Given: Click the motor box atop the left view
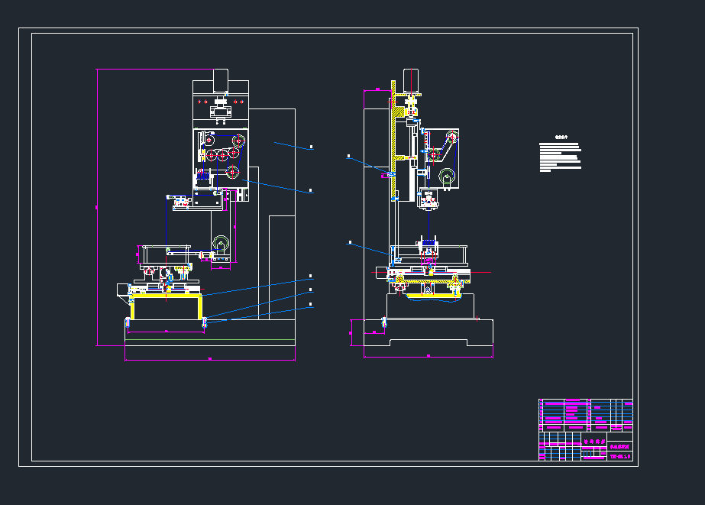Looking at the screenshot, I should (221, 79).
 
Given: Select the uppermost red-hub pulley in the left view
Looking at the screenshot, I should (238, 141).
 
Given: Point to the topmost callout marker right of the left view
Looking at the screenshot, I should (311, 147).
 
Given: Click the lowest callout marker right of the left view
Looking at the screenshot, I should (311, 305).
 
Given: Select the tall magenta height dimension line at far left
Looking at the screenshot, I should (97, 206).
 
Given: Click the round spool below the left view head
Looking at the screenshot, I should (222, 245).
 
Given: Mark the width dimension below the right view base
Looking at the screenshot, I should (428, 356).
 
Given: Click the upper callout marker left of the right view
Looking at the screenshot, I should (348, 156).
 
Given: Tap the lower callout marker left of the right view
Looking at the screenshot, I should (349, 242).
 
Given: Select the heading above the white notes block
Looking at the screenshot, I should (561, 139).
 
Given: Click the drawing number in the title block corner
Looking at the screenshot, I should (619, 457).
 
